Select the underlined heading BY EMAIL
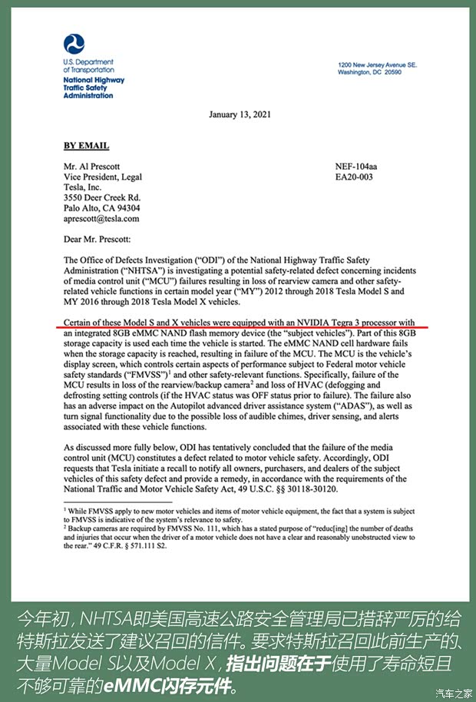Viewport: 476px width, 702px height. pyautogui.click(x=86, y=146)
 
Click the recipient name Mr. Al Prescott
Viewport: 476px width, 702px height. pyautogui.click(x=92, y=167)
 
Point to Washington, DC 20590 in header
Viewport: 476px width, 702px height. pyautogui.click(x=369, y=72)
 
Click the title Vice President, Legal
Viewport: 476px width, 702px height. pyautogui.click(x=103, y=177)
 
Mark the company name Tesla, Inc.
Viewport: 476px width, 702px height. pyautogui.click(x=83, y=187)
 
